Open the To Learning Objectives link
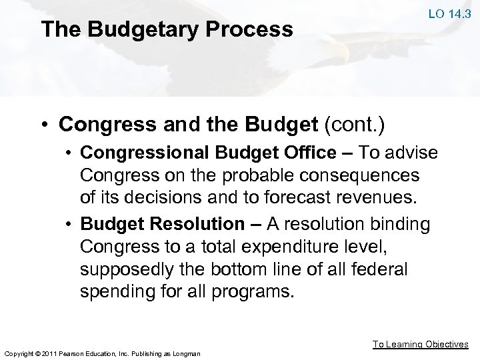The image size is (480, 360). coord(420,344)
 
